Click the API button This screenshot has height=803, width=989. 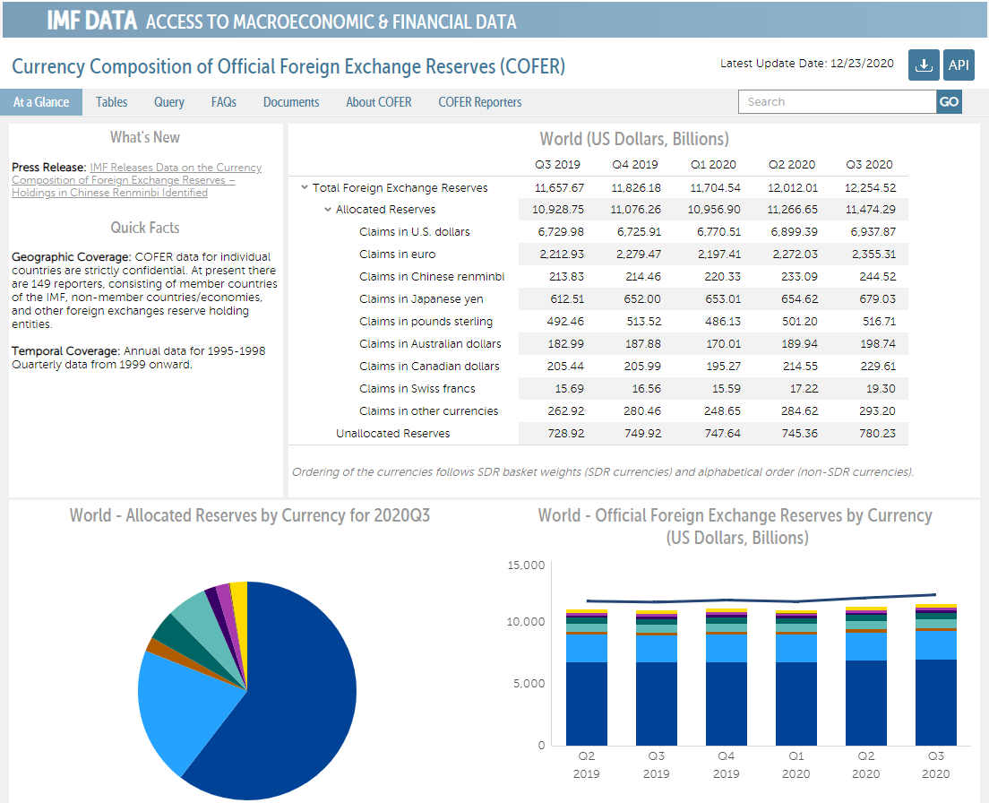coord(959,65)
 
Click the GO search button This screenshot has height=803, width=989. coord(949,102)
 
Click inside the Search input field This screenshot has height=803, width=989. coord(837,102)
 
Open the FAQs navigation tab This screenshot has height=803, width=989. coord(224,102)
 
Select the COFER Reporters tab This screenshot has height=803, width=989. coord(479,102)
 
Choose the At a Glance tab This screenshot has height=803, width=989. coord(41,102)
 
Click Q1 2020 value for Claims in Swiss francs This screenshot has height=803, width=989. coord(715,389)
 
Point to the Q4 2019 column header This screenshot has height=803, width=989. coord(635,164)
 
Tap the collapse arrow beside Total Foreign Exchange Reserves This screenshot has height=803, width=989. coord(305,187)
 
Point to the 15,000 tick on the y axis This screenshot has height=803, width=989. coord(526,566)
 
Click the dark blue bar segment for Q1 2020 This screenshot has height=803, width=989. coord(795,704)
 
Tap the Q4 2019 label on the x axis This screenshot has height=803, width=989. coord(726,764)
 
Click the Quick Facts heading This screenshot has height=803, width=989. coord(145,228)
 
